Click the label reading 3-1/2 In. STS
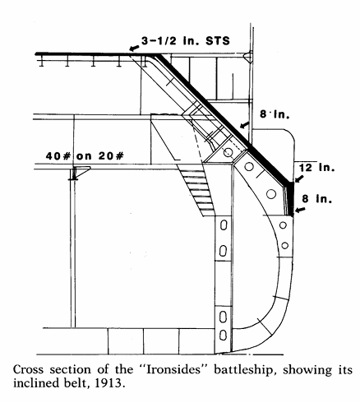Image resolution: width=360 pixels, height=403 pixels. [186, 41]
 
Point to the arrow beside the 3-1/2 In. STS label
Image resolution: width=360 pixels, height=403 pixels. [134, 49]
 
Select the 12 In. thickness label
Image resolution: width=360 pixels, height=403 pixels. [316, 167]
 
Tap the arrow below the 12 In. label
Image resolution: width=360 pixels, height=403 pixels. [299, 178]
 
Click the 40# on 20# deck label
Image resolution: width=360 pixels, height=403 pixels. [85, 156]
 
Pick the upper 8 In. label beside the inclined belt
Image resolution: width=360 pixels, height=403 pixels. [275, 114]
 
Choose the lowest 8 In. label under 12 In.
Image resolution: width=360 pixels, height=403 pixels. [317, 199]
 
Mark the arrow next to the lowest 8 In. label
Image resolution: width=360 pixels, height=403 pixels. [300, 211]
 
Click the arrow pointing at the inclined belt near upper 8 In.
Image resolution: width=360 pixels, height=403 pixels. [245, 125]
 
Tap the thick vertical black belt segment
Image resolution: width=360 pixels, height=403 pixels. [290, 198]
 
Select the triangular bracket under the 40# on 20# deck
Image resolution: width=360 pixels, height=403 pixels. [81, 173]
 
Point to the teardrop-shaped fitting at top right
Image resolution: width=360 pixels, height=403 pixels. [247, 57]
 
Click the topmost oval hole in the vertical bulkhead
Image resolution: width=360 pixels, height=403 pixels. [224, 225]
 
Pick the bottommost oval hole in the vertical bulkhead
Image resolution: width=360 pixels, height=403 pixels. [224, 335]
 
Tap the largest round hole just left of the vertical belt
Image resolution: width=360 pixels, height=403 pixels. [271, 194]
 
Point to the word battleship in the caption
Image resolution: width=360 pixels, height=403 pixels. [247, 370]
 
